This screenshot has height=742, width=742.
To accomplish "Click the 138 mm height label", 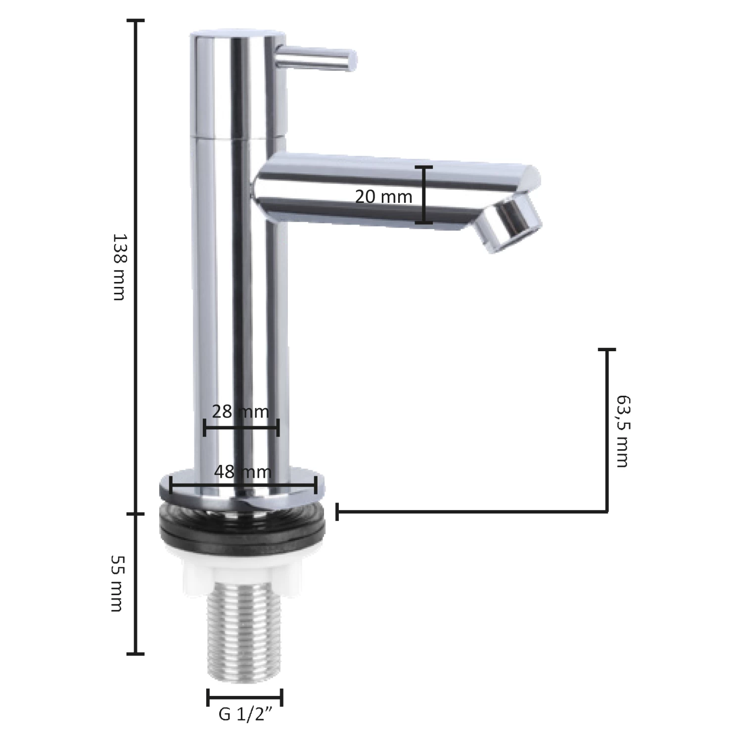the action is pyautogui.click(x=119, y=267).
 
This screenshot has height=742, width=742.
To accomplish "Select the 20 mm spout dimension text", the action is pyautogui.click(x=384, y=197).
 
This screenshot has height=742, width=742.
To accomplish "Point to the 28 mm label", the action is pyautogui.click(x=240, y=411).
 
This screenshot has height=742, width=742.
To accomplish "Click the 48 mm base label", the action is pyautogui.click(x=243, y=471).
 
